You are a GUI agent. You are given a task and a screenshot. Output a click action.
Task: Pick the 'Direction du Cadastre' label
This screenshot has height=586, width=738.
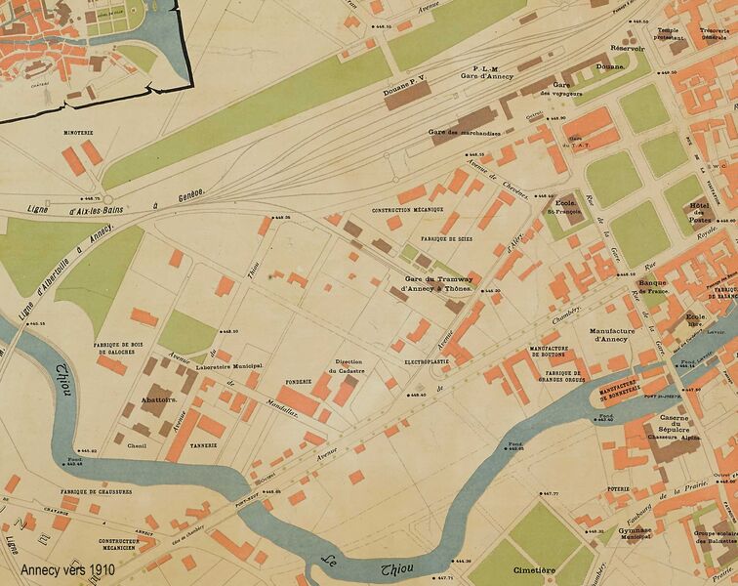click(348, 365)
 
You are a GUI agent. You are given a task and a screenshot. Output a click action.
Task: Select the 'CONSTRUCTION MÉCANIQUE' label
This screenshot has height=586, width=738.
click(408, 210)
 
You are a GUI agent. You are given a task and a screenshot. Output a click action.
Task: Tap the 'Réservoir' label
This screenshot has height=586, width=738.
click(628, 47)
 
